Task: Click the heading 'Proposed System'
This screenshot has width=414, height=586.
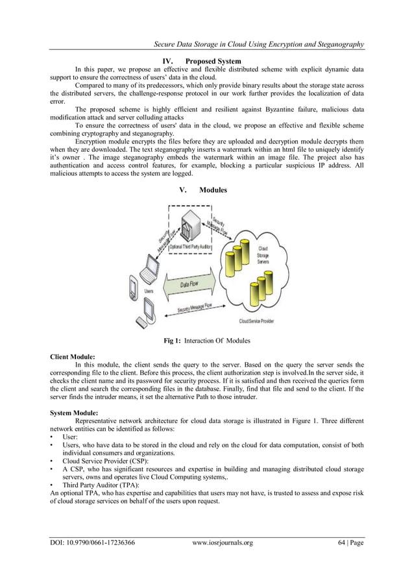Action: coord(213,61)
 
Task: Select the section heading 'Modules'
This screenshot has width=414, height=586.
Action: coord(213,189)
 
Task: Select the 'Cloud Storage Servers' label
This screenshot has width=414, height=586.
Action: coord(263,256)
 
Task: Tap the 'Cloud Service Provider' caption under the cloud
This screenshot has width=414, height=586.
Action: coord(256,321)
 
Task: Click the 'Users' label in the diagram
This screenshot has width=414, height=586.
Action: coord(149,291)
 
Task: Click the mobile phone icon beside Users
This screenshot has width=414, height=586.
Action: coord(133,289)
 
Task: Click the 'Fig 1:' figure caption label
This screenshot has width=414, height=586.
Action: coord(172,341)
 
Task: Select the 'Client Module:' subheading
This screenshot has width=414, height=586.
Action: coord(73,356)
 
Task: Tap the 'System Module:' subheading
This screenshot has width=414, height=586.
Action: coord(74,413)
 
